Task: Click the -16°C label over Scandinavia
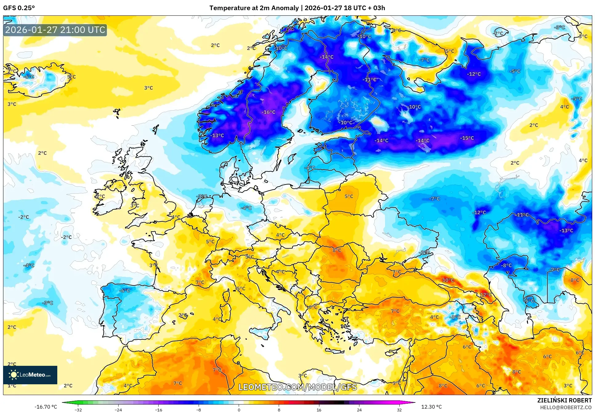click(268, 112)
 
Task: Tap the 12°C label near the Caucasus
click(486, 295)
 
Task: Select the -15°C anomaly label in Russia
click(467, 138)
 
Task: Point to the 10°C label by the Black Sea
click(448, 280)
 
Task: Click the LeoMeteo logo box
click(30, 375)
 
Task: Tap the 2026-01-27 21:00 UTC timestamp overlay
click(55, 30)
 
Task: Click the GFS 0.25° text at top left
click(19, 8)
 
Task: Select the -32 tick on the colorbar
click(78, 410)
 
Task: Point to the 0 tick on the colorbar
click(239, 410)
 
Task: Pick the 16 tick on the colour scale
click(319, 410)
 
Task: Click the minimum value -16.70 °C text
click(46, 407)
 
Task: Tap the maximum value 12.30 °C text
click(431, 407)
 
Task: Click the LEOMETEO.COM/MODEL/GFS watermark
click(297, 387)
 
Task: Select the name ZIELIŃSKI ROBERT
click(564, 400)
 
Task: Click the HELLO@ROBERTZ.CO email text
click(566, 407)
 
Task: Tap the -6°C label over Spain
click(125, 290)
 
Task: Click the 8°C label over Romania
click(337, 250)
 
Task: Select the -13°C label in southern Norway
click(217, 135)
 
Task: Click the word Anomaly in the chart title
click(285, 8)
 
